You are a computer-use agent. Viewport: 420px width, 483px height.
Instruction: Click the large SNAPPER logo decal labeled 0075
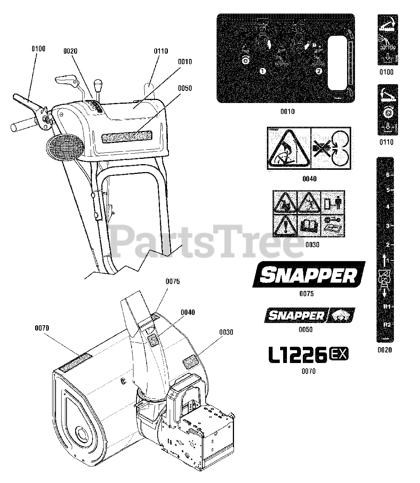[309, 275]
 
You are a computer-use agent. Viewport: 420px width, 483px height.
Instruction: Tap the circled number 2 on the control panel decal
[319, 71]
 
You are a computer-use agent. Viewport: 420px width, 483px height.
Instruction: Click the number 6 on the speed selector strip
[387, 175]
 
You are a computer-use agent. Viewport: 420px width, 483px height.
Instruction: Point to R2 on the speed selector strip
[387, 325]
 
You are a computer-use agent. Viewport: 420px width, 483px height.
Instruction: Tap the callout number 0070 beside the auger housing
[42, 328]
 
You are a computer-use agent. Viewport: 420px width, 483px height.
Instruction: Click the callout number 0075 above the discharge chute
[172, 281]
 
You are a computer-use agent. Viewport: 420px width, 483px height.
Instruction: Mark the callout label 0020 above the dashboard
[71, 51]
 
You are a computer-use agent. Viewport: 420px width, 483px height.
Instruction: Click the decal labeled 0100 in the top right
[387, 40]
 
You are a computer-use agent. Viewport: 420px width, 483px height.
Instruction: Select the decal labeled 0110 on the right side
[387, 109]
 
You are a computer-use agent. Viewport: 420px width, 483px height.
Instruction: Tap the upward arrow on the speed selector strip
[384, 259]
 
